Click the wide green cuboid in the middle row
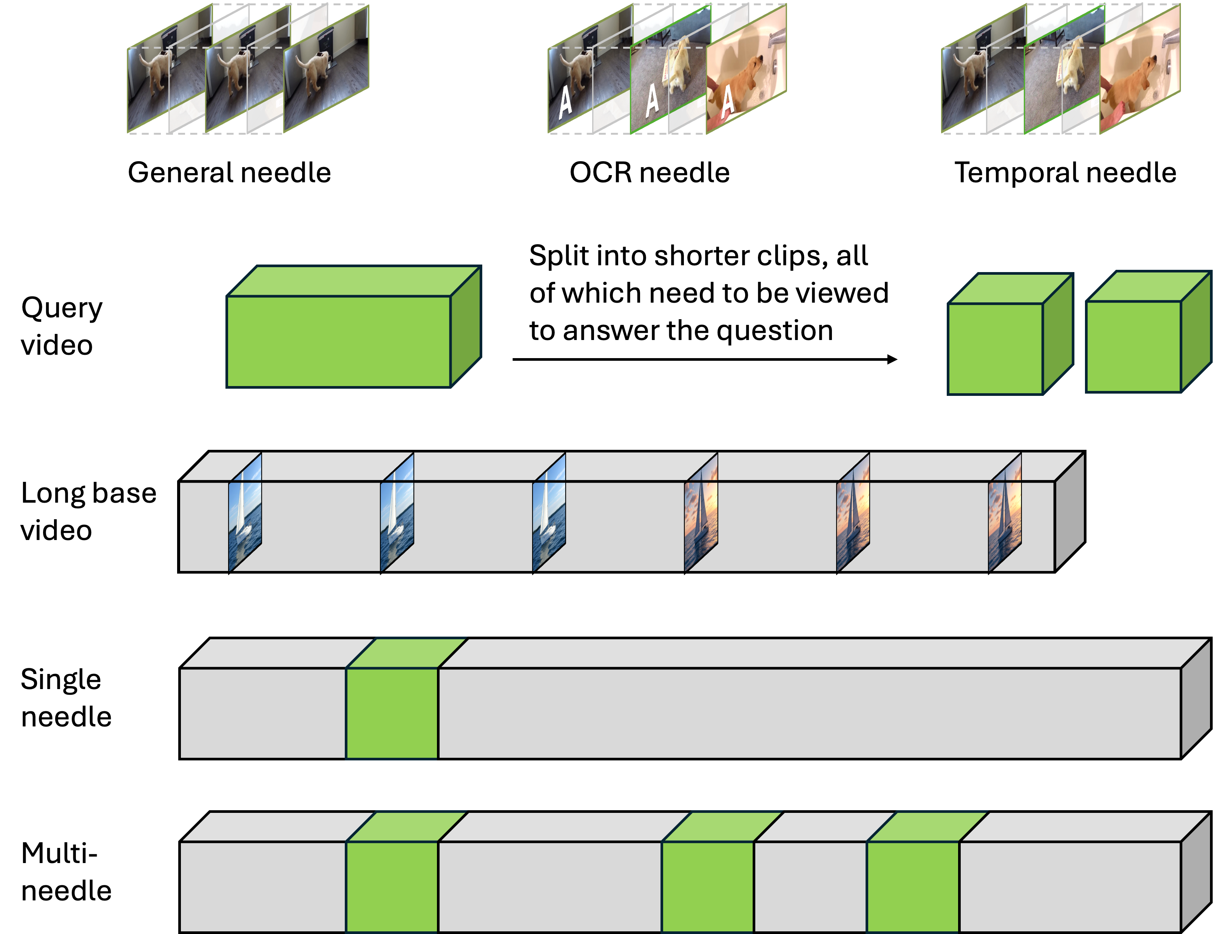coord(339,341)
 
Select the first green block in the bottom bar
coord(392,886)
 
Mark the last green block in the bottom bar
coord(912,886)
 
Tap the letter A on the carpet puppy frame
coord(652,100)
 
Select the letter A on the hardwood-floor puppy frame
coord(565,102)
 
